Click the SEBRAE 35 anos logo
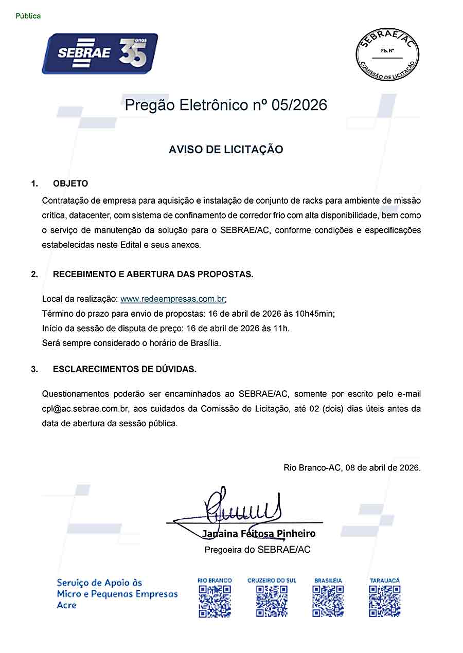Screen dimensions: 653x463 pos(100,53)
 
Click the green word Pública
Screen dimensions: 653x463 pos(28,16)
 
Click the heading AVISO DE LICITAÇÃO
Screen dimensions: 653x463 pos(226,150)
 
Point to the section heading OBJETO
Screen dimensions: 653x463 pos(70,184)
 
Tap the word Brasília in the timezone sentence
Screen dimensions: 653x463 pos(205,343)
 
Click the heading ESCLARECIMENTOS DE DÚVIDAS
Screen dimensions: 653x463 pos(124,369)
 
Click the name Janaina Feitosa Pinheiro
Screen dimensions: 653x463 pos(259,534)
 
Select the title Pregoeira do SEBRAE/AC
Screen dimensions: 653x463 pos(257,550)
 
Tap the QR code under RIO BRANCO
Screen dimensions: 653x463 pos(215,601)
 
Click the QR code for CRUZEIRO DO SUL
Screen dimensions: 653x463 pos(272,601)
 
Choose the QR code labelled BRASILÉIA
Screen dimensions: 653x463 pos(328,601)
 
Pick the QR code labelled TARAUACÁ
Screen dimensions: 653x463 pos(385,601)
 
